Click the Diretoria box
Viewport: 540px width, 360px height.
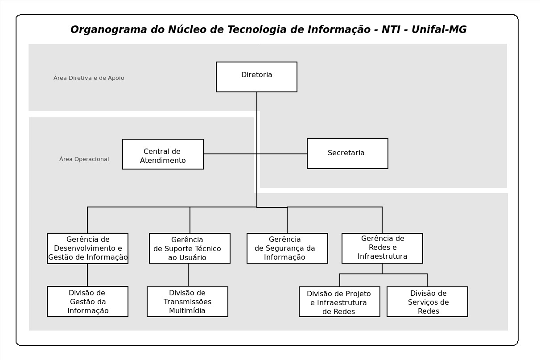pyautogui.click(x=256, y=77)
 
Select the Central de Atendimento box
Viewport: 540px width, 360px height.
pyautogui.click(x=163, y=154)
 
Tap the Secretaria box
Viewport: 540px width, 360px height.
pyautogui.click(x=347, y=153)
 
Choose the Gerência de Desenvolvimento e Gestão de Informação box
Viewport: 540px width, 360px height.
pyautogui.click(x=87, y=248)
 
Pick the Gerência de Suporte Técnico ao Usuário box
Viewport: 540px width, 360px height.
pyautogui.click(x=190, y=248)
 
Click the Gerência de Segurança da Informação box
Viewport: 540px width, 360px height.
pyautogui.click(x=287, y=248)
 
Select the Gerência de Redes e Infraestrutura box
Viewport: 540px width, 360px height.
pyautogui.click(x=382, y=248)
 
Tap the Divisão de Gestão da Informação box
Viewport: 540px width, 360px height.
pyautogui.click(x=87, y=302)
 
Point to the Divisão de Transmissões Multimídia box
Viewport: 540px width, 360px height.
pyautogui.click(x=188, y=302)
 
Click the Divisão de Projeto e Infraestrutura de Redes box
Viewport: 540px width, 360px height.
pyautogui.click(x=339, y=302)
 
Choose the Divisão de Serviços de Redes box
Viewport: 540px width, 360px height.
pyautogui.click(x=428, y=302)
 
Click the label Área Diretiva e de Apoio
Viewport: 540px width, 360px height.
pyautogui.click(x=89, y=78)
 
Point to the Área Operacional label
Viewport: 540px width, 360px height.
pyautogui.click(x=84, y=159)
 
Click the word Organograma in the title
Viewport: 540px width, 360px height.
pyautogui.click(x=108, y=29)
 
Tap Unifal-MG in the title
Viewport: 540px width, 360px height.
pyautogui.click(x=439, y=29)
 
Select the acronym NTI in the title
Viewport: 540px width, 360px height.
pyautogui.click(x=391, y=29)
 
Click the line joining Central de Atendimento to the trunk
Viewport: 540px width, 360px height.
pyautogui.click(x=230, y=154)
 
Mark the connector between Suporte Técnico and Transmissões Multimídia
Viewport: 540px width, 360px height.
pyautogui.click(x=188, y=275)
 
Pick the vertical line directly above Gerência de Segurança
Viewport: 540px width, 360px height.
pyautogui.click(x=287, y=220)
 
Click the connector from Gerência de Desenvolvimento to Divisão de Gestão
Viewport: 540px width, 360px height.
pyautogui.click(x=87, y=275)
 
